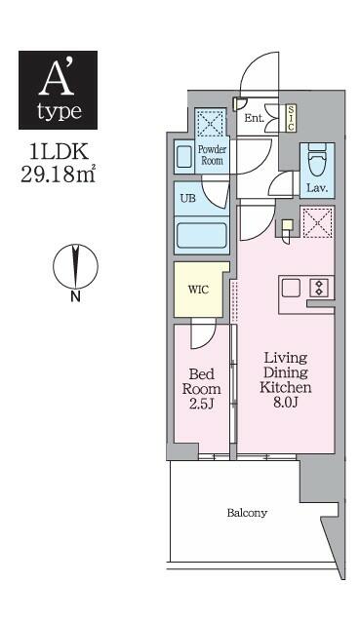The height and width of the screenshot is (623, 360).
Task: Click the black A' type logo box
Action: [x=59, y=90]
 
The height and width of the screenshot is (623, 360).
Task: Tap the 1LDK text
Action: [x=59, y=151]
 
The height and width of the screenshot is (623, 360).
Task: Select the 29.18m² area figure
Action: [x=59, y=174]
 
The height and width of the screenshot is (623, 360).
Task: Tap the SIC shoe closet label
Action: [x=291, y=118]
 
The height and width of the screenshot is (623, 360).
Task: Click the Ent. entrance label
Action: [x=254, y=118]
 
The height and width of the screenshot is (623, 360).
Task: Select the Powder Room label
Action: [x=212, y=155]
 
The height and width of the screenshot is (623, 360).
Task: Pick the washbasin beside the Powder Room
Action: [x=184, y=157]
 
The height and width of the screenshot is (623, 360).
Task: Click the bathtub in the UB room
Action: [x=202, y=236]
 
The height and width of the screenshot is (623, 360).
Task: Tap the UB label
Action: [x=187, y=198]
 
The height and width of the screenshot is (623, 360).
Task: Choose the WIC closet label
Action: [x=198, y=290]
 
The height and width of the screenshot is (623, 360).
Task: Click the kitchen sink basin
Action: [x=291, y=288]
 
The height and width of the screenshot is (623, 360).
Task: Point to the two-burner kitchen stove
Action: [x=319, y=288]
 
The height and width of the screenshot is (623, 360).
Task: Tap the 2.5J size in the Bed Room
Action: [x=201, y=404]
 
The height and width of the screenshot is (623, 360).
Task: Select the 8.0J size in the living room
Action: [x=286, y=402]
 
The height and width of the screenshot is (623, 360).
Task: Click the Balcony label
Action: [x=247, y=513]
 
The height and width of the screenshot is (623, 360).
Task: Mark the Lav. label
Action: [x=317, y=188]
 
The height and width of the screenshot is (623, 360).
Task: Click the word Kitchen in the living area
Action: [x=286, y=387]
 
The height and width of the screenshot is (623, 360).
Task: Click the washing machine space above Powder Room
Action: [x=210, y=124]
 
